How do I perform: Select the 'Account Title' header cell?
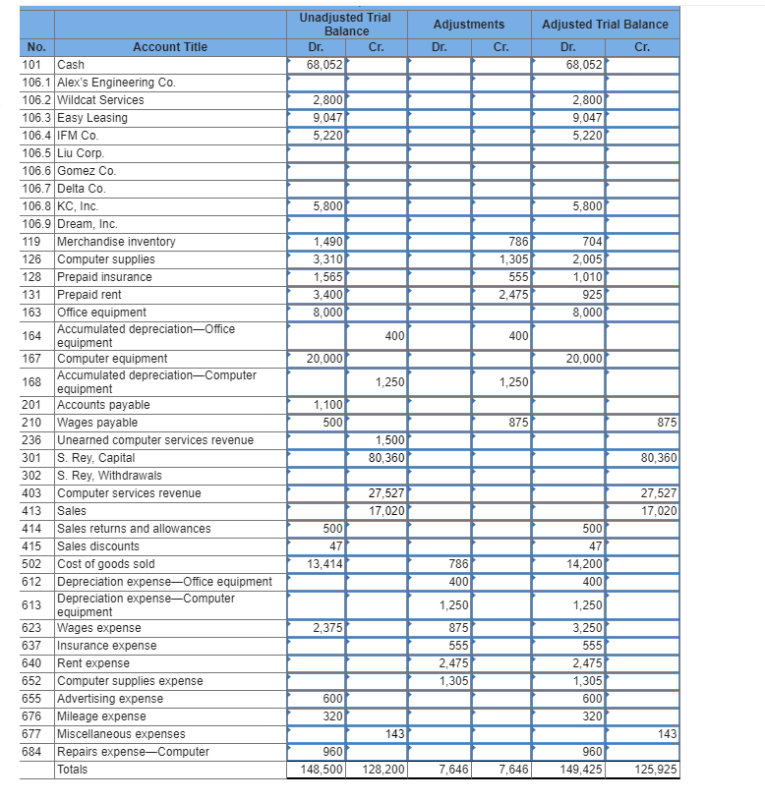(x=170, y=47)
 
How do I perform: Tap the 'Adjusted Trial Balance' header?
(x=605, y=25)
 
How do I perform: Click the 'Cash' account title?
(x=72, y=65)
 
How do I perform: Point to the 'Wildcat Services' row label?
(x=100, y=100)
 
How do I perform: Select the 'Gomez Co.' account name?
(x=88, y=171)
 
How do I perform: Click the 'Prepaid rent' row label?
(x=88, y=295)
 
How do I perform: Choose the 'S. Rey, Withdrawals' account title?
(x=109, y=476)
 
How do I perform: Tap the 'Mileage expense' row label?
(x=101, y=716)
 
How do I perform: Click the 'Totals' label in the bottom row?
(x=73, y=770)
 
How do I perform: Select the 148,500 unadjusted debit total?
(x=322, y=770)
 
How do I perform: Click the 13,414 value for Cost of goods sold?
(x=324, y=564)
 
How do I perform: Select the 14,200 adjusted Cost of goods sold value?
(x=584, y=564)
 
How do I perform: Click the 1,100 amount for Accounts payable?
(x=327, y=405)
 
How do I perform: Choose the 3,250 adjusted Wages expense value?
(x=587, y=628)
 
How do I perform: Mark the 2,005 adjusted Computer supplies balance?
(x=587, y=259)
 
